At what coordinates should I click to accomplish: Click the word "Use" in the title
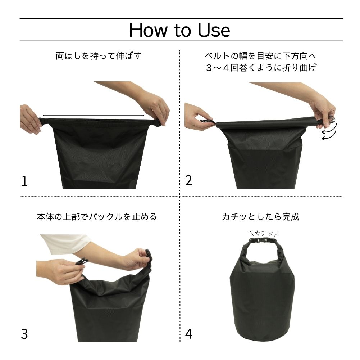coord(214,30)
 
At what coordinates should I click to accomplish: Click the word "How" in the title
coord(148,30)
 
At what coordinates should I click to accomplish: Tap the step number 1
coord(24,181)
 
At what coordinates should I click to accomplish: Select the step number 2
coord(188,180)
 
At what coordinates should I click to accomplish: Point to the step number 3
coord(24,334)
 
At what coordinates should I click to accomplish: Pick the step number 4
coord(188,334)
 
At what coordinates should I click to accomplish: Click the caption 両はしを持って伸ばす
coord(99,56)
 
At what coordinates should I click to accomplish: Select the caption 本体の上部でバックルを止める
coord(97,217)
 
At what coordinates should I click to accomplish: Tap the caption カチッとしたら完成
coord(261,217)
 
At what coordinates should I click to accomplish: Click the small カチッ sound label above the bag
coord(264,233)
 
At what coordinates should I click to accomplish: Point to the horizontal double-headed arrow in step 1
coord(94,116)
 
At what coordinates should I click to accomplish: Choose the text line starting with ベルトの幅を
coord(261,56)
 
